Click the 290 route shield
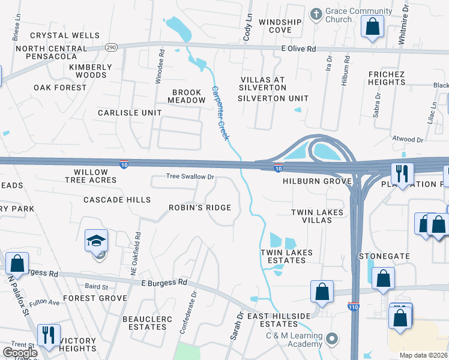tap(112, 46)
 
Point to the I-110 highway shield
tap(354, 307)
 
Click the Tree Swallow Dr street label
tap(190, 177)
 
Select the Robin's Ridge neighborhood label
tap(199, 208)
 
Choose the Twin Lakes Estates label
tap(286, 257)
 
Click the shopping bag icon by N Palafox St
tap(17, 263)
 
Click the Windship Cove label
tap(280, 26)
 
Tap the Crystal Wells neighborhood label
tap(65, 35)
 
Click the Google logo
tap(20, 353)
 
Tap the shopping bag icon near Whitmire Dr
tap(372, 27)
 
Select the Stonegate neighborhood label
tap(384, 256)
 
